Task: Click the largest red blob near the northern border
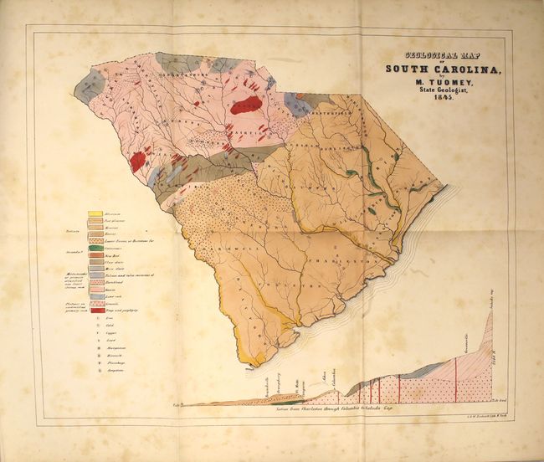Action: click(246, 106)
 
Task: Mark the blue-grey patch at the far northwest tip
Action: click(90, 81)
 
